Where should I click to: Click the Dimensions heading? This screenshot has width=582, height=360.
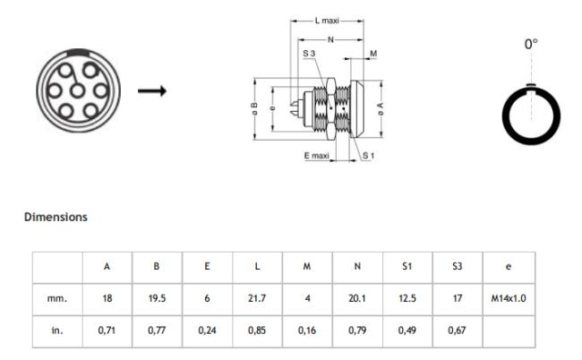[56, 217]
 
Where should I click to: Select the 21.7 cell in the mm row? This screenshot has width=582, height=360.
[257, 298]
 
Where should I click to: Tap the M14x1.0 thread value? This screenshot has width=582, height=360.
[508, 298]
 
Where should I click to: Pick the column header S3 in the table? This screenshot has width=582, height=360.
[458, 266]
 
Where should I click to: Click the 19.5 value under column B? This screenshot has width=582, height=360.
[157, 298]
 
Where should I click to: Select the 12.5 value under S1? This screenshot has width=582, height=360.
[407, 298]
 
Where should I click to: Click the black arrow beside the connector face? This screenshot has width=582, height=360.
[150, 90]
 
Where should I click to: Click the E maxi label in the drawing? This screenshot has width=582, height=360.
[316, 155]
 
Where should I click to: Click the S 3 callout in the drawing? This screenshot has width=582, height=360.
[309, 55]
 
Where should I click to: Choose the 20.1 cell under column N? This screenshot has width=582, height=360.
[357, 298]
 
